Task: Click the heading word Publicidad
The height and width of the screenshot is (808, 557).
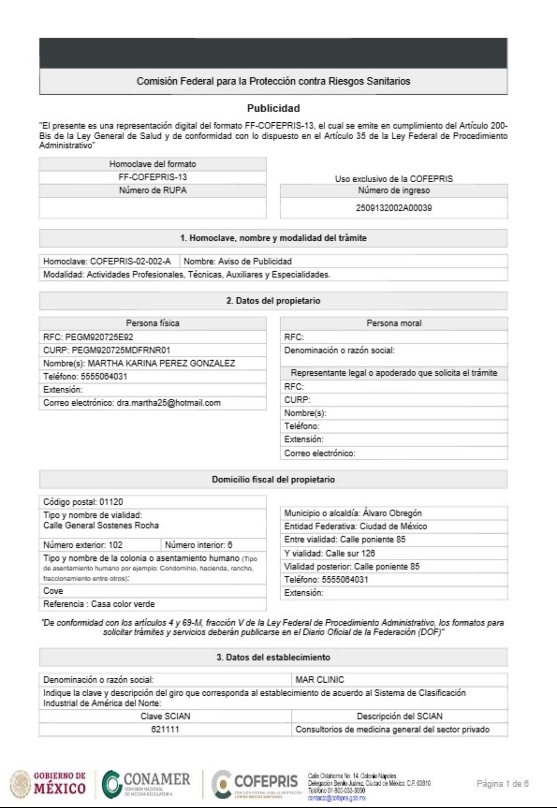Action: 273,108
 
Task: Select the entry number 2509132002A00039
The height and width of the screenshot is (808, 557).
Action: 394,208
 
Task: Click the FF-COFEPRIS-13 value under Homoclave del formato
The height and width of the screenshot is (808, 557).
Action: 152,177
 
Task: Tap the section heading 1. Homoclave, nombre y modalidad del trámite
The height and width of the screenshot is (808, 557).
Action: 273,238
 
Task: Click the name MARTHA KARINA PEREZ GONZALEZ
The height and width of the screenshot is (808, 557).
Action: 161,363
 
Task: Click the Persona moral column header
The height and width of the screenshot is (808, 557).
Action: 394,323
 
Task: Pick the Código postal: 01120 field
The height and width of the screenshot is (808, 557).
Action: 83,502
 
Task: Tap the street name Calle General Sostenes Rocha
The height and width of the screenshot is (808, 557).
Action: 101,526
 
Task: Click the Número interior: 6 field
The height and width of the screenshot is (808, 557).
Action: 198,545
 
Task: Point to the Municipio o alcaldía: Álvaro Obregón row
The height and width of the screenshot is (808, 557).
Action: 353,513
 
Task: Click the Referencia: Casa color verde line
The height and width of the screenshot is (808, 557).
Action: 99,604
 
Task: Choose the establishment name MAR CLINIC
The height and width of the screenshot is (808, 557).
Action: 320,680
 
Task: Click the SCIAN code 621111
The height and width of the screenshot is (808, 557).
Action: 165,729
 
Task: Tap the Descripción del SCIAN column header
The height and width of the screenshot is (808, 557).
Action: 399,716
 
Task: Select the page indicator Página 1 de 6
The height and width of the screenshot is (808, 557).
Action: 503,784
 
